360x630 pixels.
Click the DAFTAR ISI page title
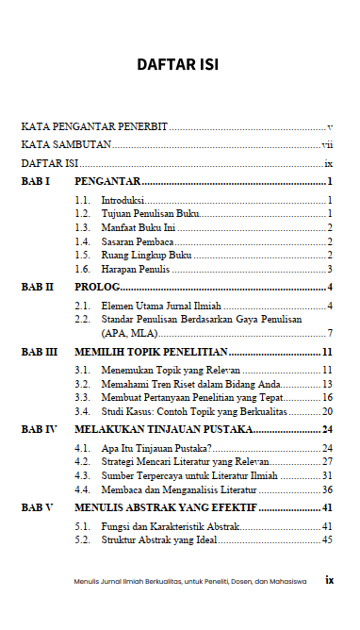tap(178, 65)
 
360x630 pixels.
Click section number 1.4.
tap(83, 241)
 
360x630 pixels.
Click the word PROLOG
tap(97, 287)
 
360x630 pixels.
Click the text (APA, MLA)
tap(128, 333)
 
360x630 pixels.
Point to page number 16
tap(327, 398)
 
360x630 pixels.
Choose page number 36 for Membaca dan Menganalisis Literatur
tap(327, 489)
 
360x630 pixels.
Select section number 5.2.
tap(83, 540)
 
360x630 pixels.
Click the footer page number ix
tap(329, 580)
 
